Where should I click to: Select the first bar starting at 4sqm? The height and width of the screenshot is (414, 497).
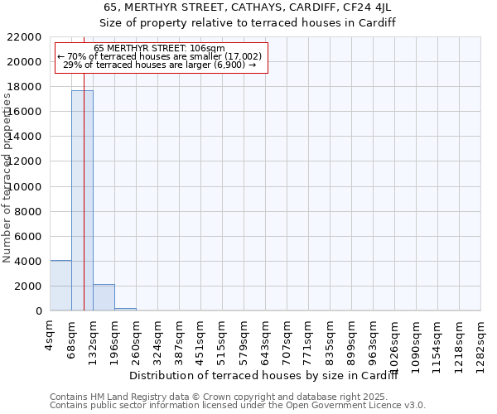tap(60, 286)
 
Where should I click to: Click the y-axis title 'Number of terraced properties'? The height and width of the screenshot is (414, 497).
tap(7, 178)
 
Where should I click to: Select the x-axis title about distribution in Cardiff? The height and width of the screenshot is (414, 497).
tap(265, 377)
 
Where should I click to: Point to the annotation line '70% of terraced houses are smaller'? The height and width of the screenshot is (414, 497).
tap(160, 56)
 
